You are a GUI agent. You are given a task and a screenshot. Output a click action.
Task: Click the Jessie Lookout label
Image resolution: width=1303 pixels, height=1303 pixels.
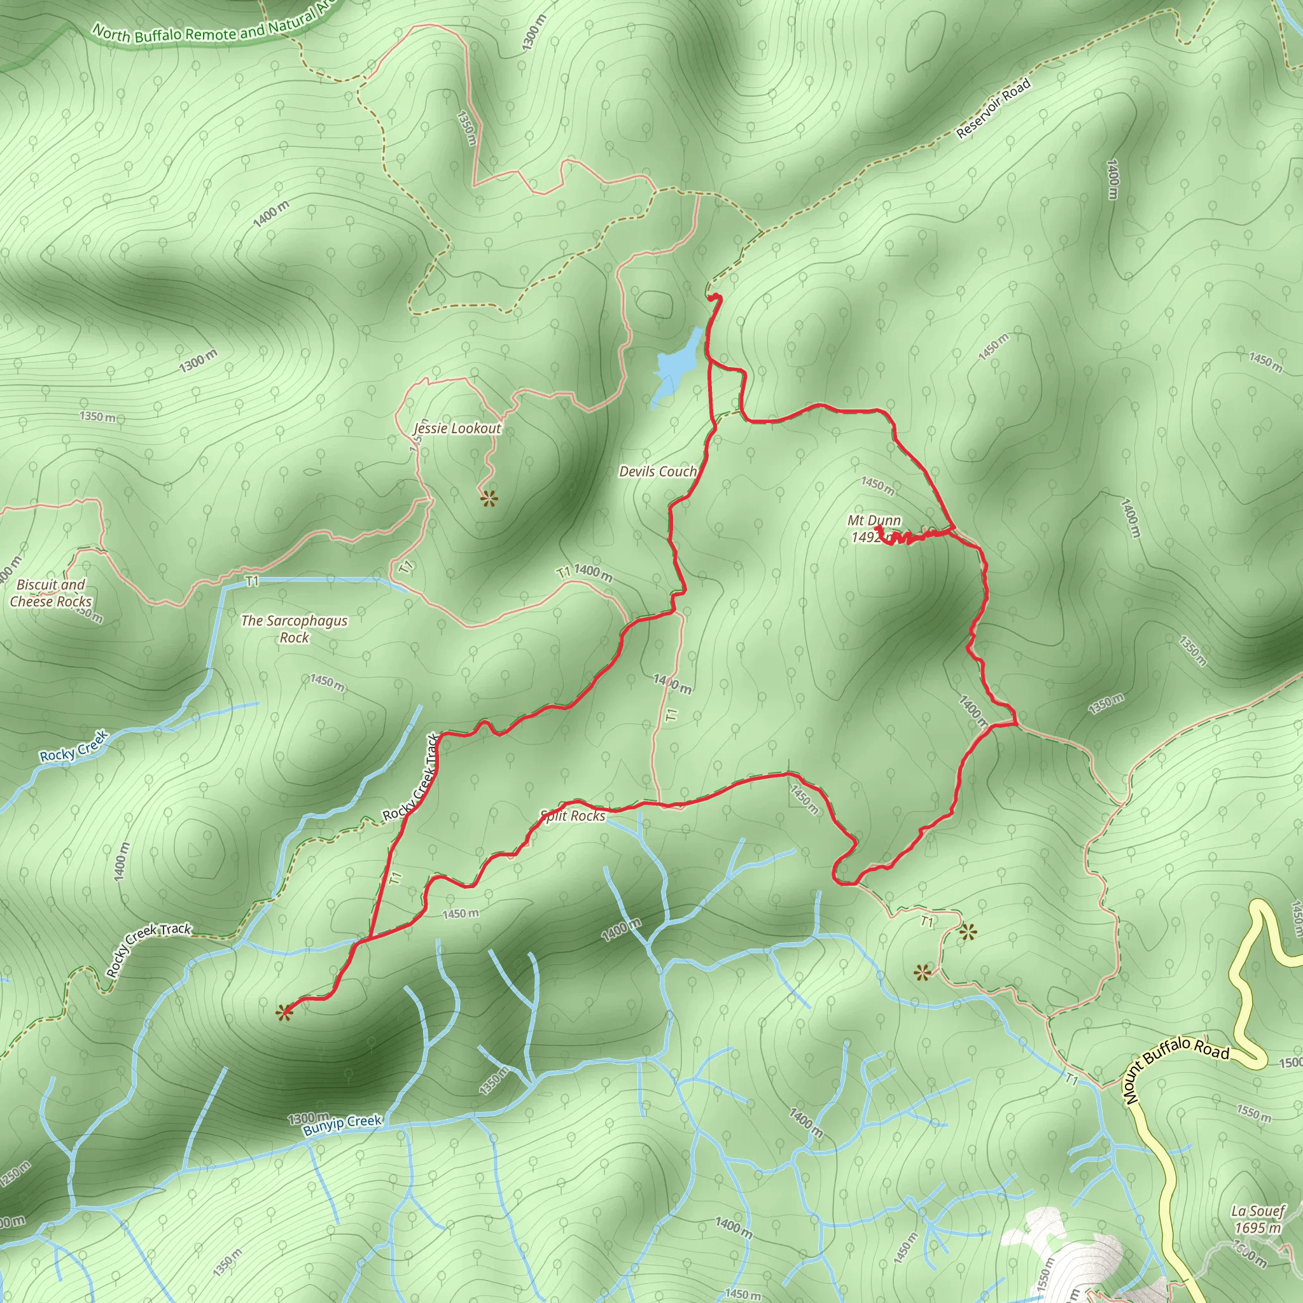point(457,428)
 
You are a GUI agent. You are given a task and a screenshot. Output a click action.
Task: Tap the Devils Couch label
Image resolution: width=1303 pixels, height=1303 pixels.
point(658,471)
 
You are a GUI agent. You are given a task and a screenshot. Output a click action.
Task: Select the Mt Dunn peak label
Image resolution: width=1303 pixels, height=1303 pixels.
point(874,520)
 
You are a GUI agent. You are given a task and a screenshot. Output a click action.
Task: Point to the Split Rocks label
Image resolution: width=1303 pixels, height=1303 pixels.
point(573,816)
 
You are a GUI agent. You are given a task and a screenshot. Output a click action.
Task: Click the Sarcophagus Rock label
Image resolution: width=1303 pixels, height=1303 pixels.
point(294,629)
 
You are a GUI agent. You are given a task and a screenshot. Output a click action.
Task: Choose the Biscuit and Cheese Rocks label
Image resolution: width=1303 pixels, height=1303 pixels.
point(51,593)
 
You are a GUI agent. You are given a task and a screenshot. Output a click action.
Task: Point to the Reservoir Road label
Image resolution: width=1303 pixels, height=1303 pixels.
point(993,109)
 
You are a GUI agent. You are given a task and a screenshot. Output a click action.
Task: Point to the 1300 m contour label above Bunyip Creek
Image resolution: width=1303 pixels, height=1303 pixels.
point(309,1118)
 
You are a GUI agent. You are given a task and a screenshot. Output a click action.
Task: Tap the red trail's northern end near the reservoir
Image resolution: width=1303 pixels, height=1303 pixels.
point(715,297)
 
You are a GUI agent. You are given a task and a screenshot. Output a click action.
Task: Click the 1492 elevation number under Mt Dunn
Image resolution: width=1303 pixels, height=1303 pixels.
point(866,537)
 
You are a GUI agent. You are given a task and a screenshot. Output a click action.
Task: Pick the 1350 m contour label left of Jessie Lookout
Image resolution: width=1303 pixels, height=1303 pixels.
point(98,416)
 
